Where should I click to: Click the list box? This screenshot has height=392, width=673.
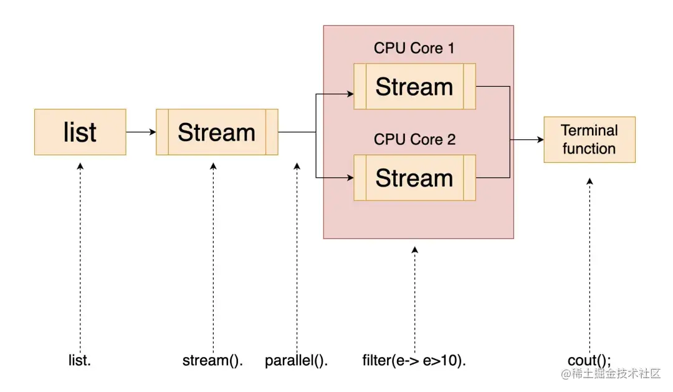point(80,132)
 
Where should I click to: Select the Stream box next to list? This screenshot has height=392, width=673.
point(217,132)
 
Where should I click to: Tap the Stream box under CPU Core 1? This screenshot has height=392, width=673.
point(414,87)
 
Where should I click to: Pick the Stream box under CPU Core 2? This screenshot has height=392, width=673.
point(414,178)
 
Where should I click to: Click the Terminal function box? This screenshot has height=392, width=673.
point(589,140)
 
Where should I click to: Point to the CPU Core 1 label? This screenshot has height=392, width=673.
point(414,48)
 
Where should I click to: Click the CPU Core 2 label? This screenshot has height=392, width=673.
point(414,139)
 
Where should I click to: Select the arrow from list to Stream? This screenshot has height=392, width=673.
point(141,132)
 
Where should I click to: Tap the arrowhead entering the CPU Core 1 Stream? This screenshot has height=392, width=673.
point(350,95)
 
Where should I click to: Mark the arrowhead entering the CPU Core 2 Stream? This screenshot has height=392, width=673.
point(350,178)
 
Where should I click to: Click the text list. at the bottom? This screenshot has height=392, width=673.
point(80,360)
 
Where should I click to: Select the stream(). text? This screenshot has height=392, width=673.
point(212,360)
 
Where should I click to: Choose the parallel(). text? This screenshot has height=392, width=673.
point(297,360)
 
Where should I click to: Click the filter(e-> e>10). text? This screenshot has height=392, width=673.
point(414,360)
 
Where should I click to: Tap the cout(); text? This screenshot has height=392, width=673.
point(589,360)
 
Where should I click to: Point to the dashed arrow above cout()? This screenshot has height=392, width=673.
point(589,262)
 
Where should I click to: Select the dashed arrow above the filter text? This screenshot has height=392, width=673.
point(414,293)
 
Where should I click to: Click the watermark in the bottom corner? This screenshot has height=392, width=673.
point(611,375)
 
